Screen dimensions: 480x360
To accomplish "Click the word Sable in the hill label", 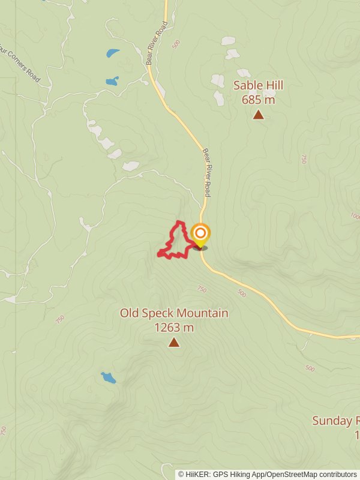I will coord(247,85).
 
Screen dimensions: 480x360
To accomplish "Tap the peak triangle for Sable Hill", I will coord(258,114).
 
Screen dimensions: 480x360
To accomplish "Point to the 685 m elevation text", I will coord(258,100).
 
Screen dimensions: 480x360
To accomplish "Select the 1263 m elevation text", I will coord(174,328).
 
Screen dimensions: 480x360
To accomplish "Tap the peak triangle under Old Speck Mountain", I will coord(174,343).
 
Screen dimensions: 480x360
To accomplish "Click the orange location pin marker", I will coord(200,234).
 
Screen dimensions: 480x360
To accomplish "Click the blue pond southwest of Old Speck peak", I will coord(108,377).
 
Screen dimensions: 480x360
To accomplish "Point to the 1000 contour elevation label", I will coord(355,216).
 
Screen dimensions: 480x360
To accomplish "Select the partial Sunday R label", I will coord(335,421).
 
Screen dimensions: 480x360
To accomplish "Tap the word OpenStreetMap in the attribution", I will coord(290,474).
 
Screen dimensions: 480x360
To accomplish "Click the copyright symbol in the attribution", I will coord(181,474).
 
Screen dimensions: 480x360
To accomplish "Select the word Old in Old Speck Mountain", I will coord(129,313).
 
